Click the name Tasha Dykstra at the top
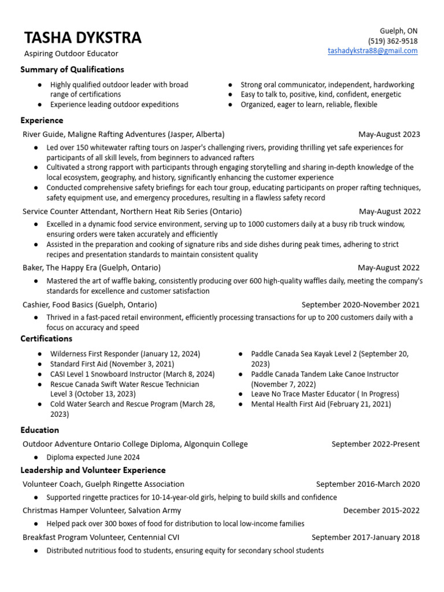[83, 38]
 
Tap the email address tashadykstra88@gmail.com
[372, 51]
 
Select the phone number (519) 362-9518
[393, 41]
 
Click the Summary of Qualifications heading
[72, 69]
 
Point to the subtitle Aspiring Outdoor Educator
[71, 54]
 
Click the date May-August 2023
[389, 134]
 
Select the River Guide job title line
[123, 134]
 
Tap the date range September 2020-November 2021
[361, 305]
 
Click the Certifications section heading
[46, 339]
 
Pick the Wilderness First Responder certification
[125, 354]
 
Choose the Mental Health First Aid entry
[321, 404]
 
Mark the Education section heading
[39, 430]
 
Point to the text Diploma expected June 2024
[92, 457]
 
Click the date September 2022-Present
[376, 444]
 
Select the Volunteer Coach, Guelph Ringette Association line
[103, 484]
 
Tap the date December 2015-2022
[382, 510]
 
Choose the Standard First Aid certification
[112, 364]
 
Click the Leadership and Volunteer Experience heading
[92, 470]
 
